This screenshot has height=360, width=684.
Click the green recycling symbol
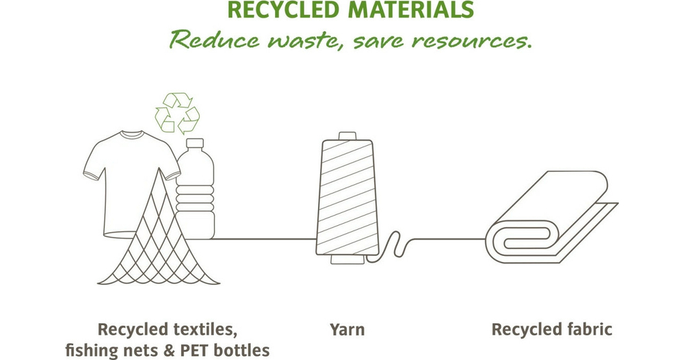tap(176, 112)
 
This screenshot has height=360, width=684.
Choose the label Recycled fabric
tap(552, 330)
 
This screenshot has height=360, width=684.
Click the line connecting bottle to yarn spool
tap(260, 239)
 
